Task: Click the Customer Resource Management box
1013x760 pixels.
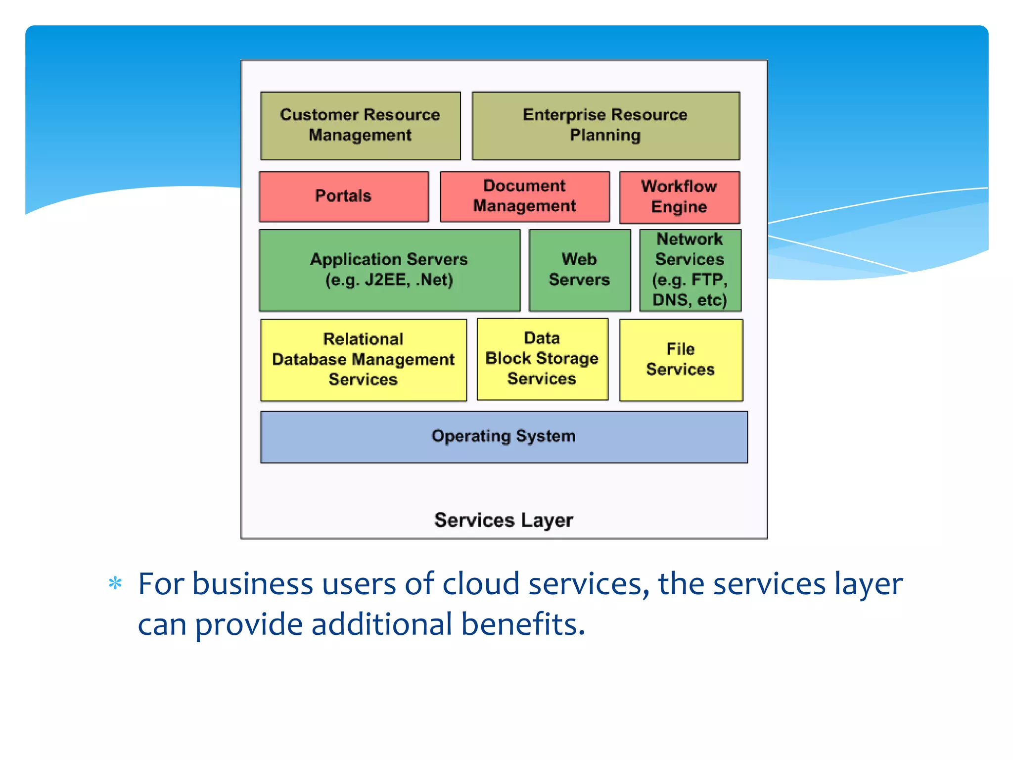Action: [361, 126]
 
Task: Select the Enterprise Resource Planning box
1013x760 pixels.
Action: [605, 126]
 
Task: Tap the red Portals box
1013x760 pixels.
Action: [344, 196]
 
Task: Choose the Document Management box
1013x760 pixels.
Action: [524, 196]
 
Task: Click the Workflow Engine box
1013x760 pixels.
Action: [679, 197]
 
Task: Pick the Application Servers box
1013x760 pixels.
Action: [389, 270]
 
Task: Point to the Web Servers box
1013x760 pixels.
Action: [579, 270]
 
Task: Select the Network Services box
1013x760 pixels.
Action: [690, 270]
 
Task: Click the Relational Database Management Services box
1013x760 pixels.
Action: [363, 360]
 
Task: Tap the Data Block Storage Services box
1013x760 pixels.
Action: [542, 359]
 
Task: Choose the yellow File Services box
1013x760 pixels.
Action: [681, 360]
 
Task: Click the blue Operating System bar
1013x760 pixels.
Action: [504, 437]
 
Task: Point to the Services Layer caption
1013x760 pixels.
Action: [504, 521]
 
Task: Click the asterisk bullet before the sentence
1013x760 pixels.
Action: [115, 584]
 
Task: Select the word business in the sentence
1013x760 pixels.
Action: [252, 584]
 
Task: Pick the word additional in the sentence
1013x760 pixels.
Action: [381, 624]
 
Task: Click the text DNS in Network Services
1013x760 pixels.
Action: [670, 300]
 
